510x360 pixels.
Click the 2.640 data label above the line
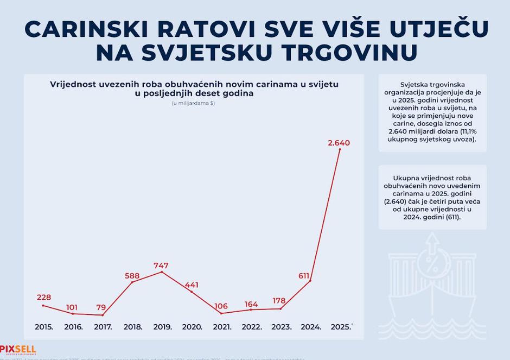(x=339, y=143)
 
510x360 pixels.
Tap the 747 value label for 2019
(x=161, y=266)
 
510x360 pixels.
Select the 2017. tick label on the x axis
(x=103, y=327)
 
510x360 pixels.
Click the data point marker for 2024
(x=310, y=281)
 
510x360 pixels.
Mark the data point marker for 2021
(x=221, y=313)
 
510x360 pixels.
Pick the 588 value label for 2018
(x=133, y=275)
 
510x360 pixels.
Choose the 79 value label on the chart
(x=101, y=307)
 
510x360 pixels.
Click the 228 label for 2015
(x=44, y=298)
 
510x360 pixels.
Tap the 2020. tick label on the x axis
(x=192, y=327)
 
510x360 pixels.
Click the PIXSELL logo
(x=17, y=350)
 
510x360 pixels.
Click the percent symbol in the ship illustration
(x=434, y=267)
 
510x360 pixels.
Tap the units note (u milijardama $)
(x=194, y=103)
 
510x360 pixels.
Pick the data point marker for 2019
(x=162, y=272)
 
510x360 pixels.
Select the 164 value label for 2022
(x=251, y=304)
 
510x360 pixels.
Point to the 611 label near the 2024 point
(x=303, y=275)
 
